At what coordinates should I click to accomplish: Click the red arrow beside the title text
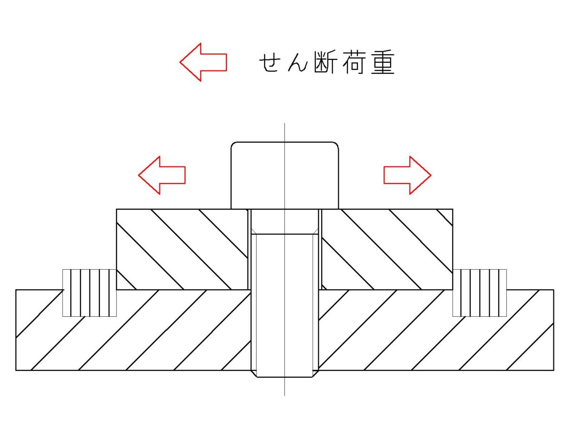pyautogui.click(x=203, y=62)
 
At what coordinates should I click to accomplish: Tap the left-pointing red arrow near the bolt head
pyautogui.click(x=162, y=175)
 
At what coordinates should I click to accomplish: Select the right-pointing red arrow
pyautogui.click(x=407, y=175)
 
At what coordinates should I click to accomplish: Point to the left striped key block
pyautogui.click(x=89, y=292)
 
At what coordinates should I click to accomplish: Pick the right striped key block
pyautogui.click(x=480, y=292)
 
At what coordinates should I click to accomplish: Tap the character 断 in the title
pyautogui.click(x=323, y=63)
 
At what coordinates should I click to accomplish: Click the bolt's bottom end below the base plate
pyautogui.click(x=285, y=374)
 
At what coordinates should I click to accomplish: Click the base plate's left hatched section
pyautogui.click(x=133, y=333)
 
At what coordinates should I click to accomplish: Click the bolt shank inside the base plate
pyautogui.click(x=285, y=328)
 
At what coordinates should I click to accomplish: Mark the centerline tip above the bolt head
pyautogui.click(x=285, y=125)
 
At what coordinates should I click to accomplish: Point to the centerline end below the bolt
pyautogui.click(x=285, y=394)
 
